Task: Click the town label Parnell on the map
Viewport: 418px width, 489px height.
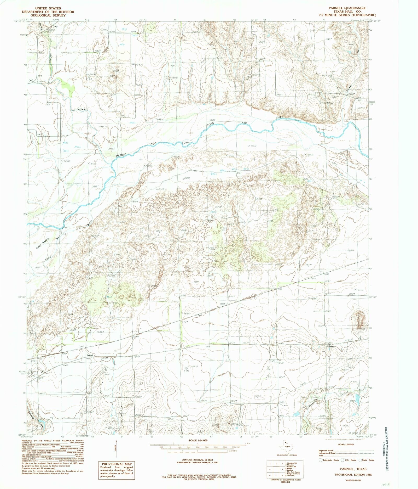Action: click(x=90, y=355)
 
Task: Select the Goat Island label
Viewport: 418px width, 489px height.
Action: click(x=42, y=244)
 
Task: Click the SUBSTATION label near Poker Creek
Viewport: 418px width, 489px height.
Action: click(x=327, y=103)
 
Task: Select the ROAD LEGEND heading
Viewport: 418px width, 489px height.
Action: click(x=346, y=444)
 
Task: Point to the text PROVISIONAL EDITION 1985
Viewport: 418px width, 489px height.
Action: click(x=352, y=474)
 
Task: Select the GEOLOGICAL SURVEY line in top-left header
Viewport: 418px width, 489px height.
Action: click(x=48, y=15)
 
